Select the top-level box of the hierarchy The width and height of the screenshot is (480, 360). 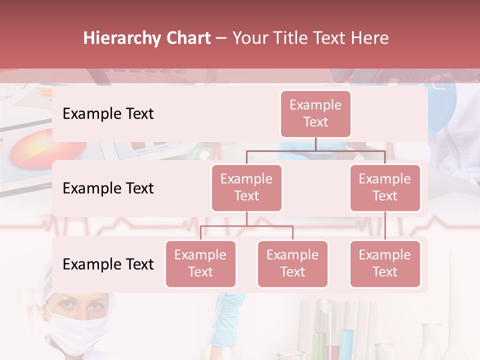pos(315,113)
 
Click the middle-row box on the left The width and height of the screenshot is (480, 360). pos(246,187)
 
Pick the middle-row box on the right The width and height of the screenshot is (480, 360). pos(384,187)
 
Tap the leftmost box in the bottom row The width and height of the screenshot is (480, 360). pos(200,263)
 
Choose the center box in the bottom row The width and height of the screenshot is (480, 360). pos(292,263)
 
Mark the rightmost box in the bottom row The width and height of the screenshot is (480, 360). pos(384,263)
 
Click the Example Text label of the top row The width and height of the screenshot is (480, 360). pos(108,114)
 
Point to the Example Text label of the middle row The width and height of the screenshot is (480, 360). pos(108,188)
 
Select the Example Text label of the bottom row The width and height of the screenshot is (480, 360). pos(108,264)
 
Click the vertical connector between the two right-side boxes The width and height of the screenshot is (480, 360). pos(385,226)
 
